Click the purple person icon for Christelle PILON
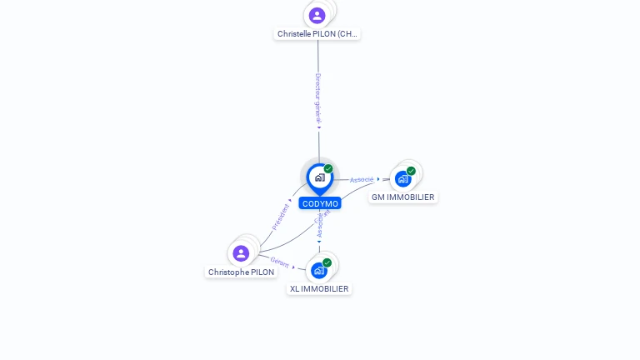coord(317,15)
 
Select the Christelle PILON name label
coord(317,34)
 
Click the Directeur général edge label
coord(317,97)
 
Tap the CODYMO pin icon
coord(319,177)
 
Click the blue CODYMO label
coord(320,203)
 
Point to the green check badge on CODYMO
coord(328,169)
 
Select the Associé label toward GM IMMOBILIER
coord(362,179)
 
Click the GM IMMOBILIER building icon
coord(403,178)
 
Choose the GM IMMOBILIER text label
coord(402,197)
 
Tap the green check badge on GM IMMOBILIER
coord(411,171)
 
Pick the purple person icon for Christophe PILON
coord(241,253)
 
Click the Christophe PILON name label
coord(241,272)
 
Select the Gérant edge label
coord(279,262)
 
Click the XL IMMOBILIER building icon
coord(319,270)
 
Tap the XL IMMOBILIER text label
coord(319,288)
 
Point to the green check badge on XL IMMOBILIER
coord(327,262)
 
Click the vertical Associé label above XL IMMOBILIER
coord(319,226)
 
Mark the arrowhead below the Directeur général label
coord(318,127)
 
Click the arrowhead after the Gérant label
coord(294,267)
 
